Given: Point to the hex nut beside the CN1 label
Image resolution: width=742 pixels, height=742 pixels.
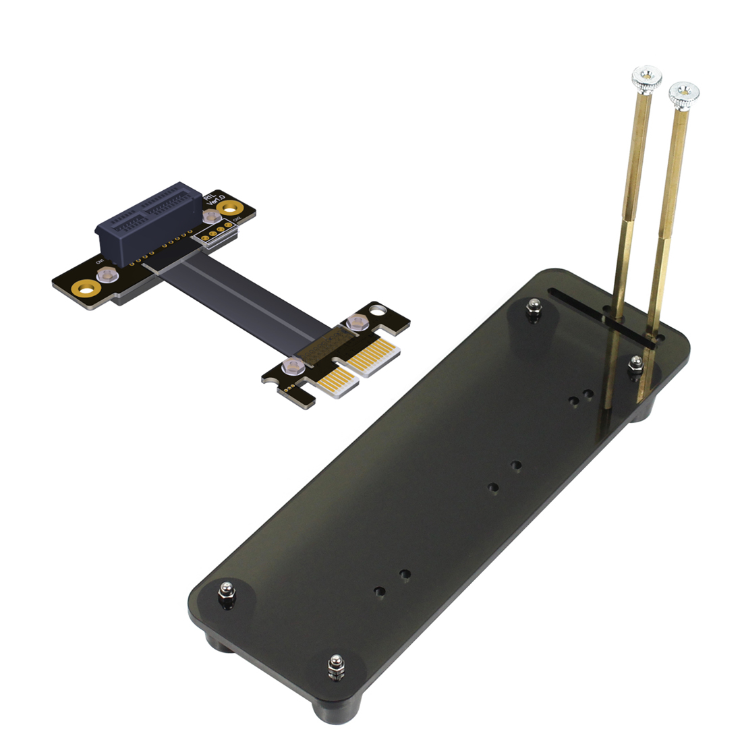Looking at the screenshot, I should (x=106, y=274).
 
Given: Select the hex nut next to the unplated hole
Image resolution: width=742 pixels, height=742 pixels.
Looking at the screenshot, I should (x=355, y=322).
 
